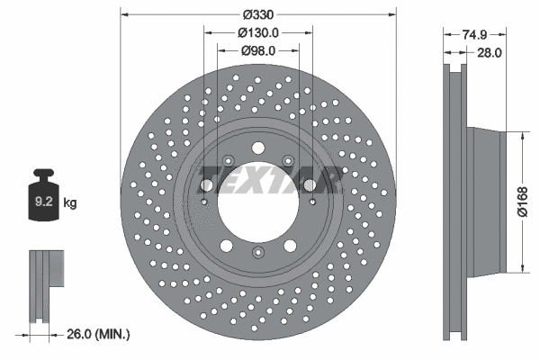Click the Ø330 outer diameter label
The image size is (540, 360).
point(258,14)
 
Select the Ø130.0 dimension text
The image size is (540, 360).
point(258,32)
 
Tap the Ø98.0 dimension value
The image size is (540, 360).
point(258,50)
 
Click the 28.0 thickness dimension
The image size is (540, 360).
point(489,53)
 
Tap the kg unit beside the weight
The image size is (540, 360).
point(69,202)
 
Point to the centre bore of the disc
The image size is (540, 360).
point(257,199)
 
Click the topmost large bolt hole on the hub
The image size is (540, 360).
point(258,148)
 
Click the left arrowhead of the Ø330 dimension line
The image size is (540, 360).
point(124,15)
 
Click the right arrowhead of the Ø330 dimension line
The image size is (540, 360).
point(391,15)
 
